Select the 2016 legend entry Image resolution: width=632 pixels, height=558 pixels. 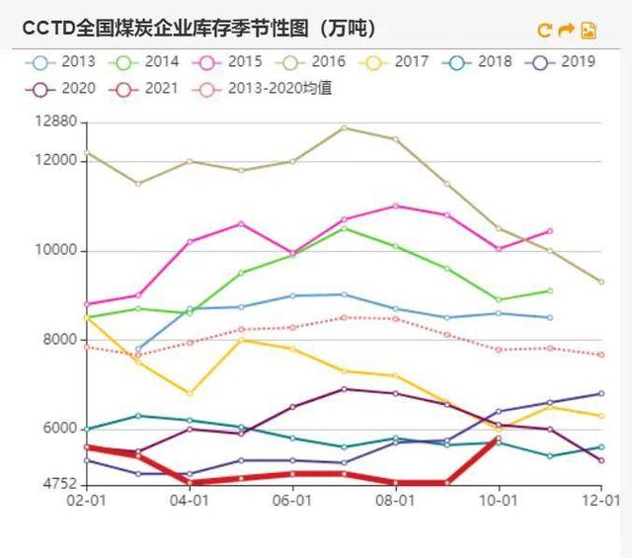(x=315, y=62)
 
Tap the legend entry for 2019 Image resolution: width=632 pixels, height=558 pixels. (x=565, y=62)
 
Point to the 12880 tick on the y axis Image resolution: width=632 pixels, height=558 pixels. (x=55, y=122)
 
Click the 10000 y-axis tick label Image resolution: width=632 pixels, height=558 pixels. (x=55, y=251)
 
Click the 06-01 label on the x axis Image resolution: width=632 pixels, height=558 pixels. (x=292, y=501)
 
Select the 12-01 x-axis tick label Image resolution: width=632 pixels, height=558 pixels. (x=601, y=501)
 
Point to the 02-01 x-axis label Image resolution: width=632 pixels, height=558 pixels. (x=87, y=501)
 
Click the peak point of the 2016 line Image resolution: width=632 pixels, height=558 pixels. (x=344, y=127)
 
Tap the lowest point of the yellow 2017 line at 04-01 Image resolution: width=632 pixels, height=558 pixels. (x=190, y=393)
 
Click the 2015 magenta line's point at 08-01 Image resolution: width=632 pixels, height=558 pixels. (x=395, y=205)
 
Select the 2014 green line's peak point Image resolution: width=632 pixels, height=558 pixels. (x=344, y=228)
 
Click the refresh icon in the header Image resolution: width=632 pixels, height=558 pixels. (x=544, y=30)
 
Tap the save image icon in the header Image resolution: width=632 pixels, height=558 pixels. (x=589, y=30)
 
